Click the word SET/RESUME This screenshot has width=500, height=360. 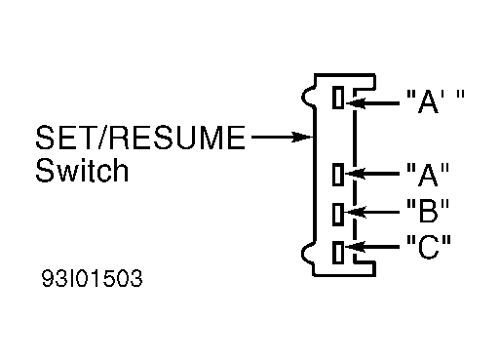tap(140, 138)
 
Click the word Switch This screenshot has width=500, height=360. tap(82, 170)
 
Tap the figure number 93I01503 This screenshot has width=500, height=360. tap(92, 278)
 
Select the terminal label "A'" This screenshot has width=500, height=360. tap(436, 100)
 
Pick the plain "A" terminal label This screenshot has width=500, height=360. tap(428, 174)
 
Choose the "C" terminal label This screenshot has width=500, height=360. tap(429, 246)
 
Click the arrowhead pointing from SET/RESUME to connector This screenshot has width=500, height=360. tap(302, 137)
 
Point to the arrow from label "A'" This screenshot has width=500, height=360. tap(372, 103)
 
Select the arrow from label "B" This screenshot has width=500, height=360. tap(372, 213)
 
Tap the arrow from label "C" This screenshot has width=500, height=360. tap(372, 247)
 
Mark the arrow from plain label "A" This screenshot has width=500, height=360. tap(372, 174)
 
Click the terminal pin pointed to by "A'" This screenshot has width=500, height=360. tap(338, 98)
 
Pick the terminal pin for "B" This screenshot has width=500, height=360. tap(338, 214)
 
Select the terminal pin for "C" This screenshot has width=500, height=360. tap(338, 252)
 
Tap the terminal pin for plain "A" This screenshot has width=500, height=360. tap(338, 175)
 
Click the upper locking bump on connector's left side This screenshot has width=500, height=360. tap(304, 97)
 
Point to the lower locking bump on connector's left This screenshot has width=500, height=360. tap(304, 254)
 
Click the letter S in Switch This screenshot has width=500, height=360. tap(44, 170)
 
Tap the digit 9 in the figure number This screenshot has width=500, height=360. tap(48, 278)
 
